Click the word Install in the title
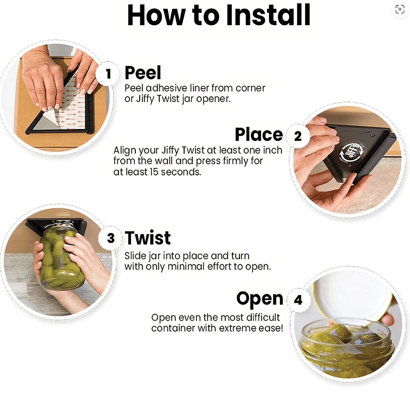point(268,15)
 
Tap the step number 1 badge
point(108,74)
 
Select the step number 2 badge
point(298,136)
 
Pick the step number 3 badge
point(111,238)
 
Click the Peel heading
point(143,73)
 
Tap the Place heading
point(259,135)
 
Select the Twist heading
point(148,238)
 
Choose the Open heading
point(260,299)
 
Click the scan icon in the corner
point(400,9)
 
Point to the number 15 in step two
point(154,172)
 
